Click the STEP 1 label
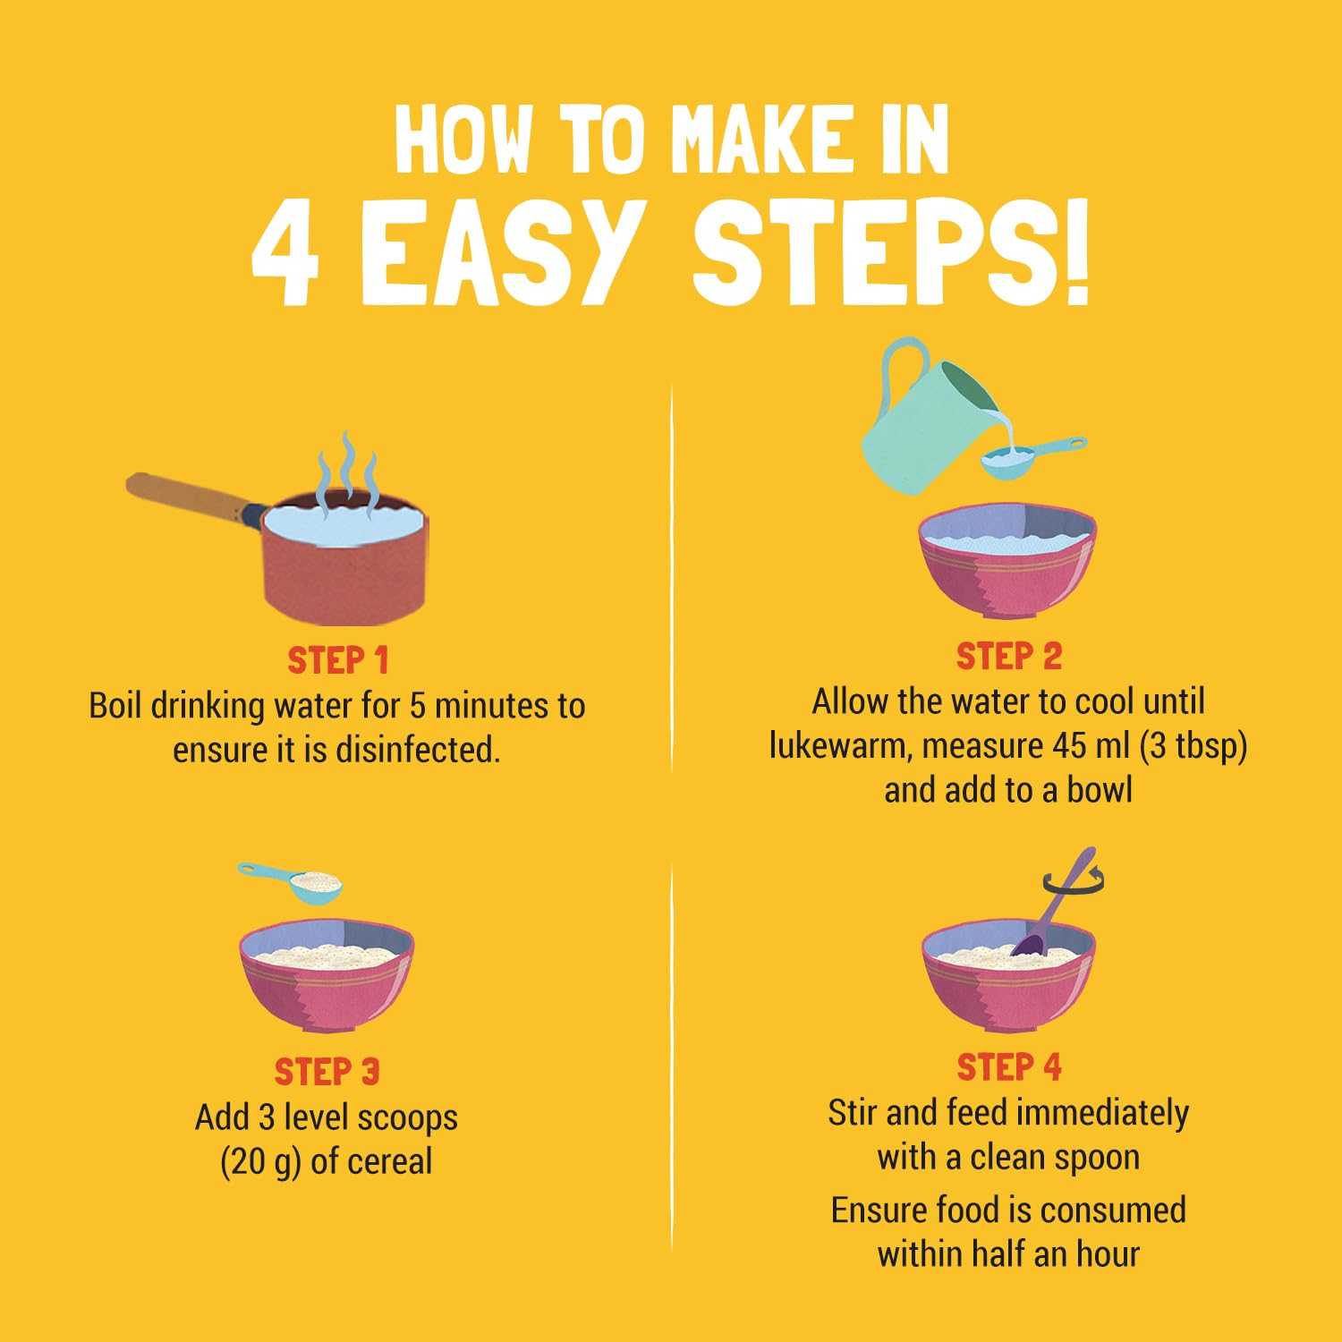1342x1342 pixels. pyautogui.click(x=338, y=660)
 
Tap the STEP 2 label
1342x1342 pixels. pyautogui.click(x=1008, y=656)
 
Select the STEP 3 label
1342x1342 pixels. pyautogui.click(x=327, y=1071)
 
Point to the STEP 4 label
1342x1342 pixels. pyautogui.click(x=1008, y=1066)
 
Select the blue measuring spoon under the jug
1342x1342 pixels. pyautogui.click(x=1029, y=454)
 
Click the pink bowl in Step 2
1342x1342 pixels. pyautogui.click(x=1007, y=559)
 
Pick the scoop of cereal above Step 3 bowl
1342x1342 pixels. pyautogui.click(x=291, y=881)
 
